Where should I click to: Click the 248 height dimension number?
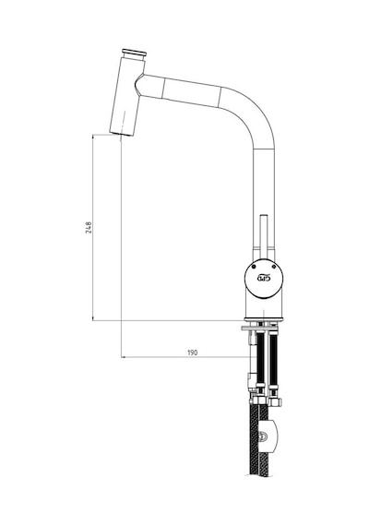89,227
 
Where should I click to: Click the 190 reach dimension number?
192,353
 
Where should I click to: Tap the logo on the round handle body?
263,278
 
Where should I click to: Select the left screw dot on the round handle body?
254,268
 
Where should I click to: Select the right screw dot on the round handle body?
274,267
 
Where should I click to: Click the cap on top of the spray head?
134,53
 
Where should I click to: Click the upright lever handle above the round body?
264,236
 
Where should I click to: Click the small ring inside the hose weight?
264,437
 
